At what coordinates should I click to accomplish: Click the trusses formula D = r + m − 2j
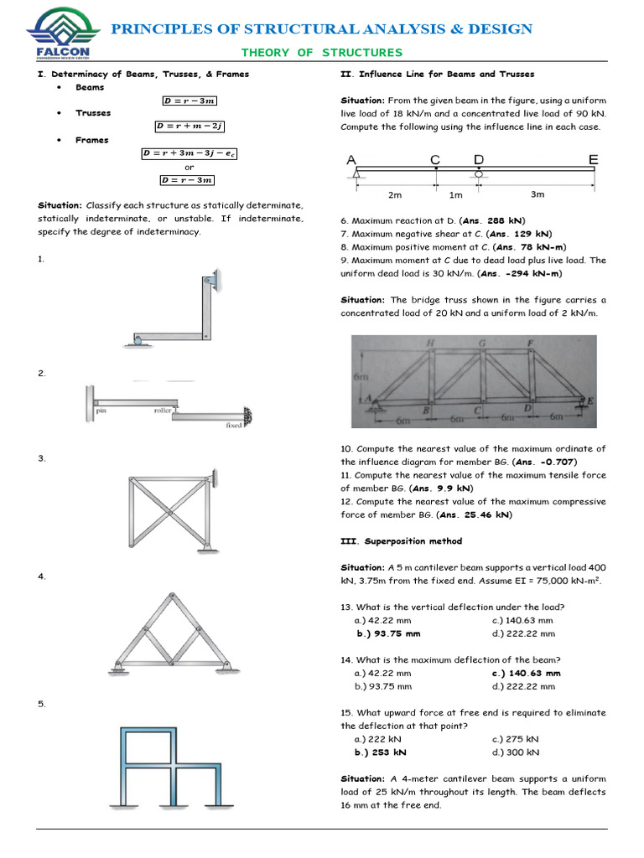tap(190, 127)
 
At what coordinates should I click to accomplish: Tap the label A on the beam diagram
tap(351, 160)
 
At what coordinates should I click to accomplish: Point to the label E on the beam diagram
tap(593, 159)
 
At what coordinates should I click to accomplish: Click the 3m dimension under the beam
tap(538, 194)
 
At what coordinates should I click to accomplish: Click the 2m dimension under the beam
tap(395, 195)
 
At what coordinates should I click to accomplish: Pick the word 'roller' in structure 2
tap(163, 411)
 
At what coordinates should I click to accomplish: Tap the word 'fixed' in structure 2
tap(234, 425)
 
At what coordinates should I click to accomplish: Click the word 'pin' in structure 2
tap(101, 411)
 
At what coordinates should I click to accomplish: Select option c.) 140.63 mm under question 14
tap(526, 673)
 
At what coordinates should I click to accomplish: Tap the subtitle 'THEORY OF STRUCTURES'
tap(322, 53)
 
